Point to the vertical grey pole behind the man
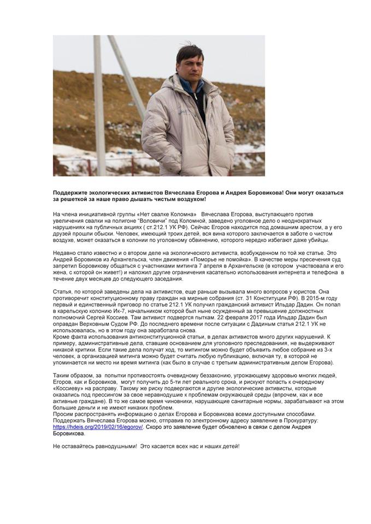99,104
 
